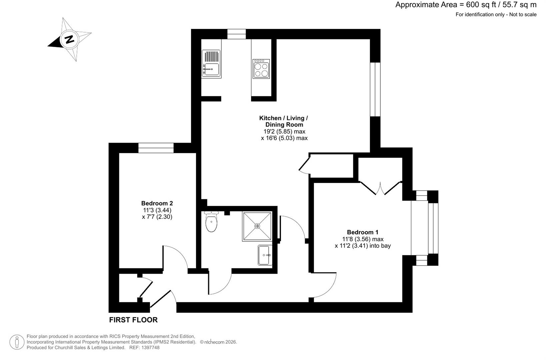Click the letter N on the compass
(69, 39)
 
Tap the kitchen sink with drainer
(211, 64)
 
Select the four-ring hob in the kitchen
(261, 69)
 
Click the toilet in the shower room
(211, 223)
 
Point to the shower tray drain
(257, 226)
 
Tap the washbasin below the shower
(265, 255)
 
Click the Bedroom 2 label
(157, 203)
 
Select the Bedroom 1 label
(363, 232)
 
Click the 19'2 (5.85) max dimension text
(284, 131)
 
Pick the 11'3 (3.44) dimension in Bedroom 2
(157, 210)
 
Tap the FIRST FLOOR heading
(133, 320)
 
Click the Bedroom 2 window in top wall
(156, 148)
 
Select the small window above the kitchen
(236, 34)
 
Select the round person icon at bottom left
(17, 342)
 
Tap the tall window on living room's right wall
(375, 89)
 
